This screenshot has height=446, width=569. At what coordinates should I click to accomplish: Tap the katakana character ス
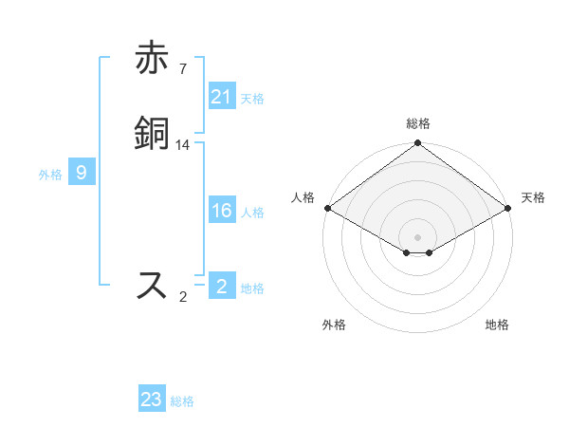click(x=152, y=285)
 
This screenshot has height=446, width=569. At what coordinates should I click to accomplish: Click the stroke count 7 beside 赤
click(x=183, y=68)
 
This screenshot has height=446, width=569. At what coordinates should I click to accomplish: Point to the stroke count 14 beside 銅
click(x=183, y=144)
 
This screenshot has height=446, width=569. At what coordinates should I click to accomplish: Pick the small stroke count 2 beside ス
click(x=183, y=297)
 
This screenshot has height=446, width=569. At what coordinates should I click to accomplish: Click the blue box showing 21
click(x=222, y=96)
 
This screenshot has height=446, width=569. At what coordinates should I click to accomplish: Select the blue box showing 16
click(x=222, y=211)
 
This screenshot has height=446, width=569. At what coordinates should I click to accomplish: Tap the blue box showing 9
click(x=82, y=173)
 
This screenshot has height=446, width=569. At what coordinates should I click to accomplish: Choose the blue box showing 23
click(x=152, y=400)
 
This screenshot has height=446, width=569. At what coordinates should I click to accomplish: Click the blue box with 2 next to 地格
click(x=222, y=286)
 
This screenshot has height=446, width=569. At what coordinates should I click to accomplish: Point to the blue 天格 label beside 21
click(x=252, y=98)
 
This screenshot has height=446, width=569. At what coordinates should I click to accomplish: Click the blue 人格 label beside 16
click(x=252, y=213)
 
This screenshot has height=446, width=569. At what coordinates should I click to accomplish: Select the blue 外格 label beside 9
click(x=50, y=175)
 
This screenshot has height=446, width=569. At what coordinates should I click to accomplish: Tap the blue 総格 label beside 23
click(x=182, y=401)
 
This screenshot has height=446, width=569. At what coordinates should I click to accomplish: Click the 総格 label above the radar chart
click(x=417, y=123)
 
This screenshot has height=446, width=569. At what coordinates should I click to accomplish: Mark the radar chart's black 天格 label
click(x=533, y=197)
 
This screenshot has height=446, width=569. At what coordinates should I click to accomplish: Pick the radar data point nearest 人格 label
click(x=327, y=208)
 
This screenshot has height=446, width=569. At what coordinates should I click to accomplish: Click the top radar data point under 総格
click(x=417, y=144)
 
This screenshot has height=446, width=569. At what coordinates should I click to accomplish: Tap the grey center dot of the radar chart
click(x=417, y=236)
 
